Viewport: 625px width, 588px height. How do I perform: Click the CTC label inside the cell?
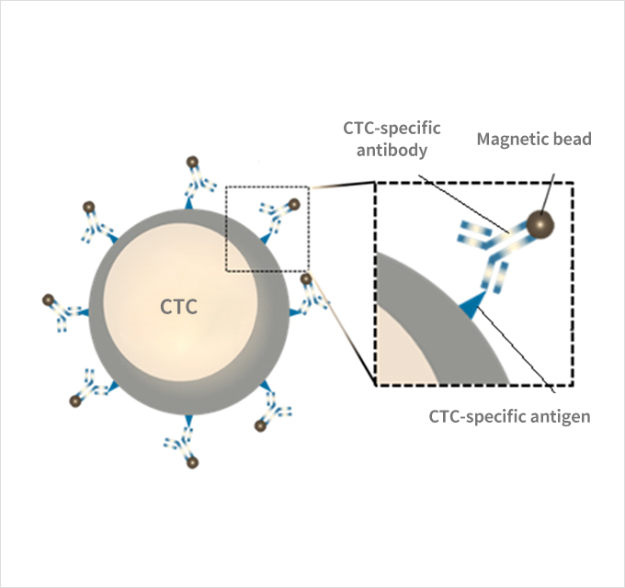click(x=178, y=306)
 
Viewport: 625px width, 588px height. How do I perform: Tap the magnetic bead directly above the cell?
click(x=192, y=164)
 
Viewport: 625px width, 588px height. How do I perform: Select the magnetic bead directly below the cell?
click(x=192, y=463)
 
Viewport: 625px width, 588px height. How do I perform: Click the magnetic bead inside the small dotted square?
click(x=293, y=203)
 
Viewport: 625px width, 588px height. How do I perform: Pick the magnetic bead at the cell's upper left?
click(x=89, y=206)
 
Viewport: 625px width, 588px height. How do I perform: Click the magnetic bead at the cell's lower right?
click(x=260, y=426)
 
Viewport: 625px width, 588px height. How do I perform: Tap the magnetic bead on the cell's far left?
click(x=48, y=299)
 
